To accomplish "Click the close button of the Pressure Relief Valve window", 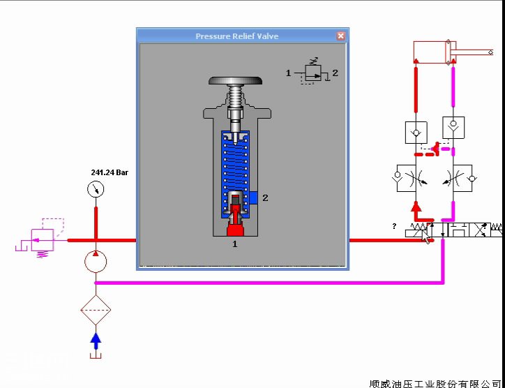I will (x=340, y=36).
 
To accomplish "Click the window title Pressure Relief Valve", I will (x=236, y=36).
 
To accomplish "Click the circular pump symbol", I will (x=96, y=262).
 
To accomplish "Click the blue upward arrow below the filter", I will (x=96, y=341).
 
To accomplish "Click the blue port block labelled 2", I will (x=255, y=198).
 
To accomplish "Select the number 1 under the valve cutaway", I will (x=234, y=244).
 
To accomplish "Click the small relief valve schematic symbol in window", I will (x=312, y=73).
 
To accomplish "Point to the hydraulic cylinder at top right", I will (x=433, y=52).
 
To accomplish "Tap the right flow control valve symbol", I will (x=456, y=179).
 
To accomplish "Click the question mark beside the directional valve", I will (x=395, y=226).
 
